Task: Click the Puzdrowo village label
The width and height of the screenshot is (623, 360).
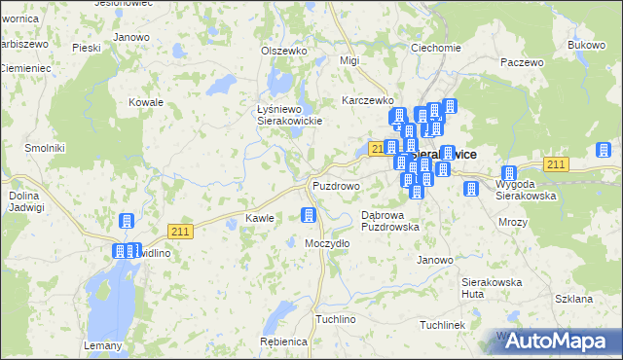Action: [336, 185]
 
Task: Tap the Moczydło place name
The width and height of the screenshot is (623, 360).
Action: [327, 242]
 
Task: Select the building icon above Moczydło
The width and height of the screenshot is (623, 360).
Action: [310, 216]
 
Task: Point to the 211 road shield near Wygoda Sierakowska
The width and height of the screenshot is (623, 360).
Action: [556, 164]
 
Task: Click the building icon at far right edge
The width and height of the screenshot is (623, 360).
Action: [604, 150]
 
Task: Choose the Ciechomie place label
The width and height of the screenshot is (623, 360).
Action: [435, 48]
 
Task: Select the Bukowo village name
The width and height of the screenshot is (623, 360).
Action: [586, 45]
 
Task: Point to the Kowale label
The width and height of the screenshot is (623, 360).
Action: [146, 101]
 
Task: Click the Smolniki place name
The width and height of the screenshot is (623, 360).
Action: [45, 147]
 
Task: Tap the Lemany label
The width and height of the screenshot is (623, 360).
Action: [103, 345]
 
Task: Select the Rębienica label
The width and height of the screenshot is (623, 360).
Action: [284, 342]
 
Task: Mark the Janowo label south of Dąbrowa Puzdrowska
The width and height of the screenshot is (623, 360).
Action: [435, 260]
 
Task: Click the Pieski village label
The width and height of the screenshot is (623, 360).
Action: [87, 47]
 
